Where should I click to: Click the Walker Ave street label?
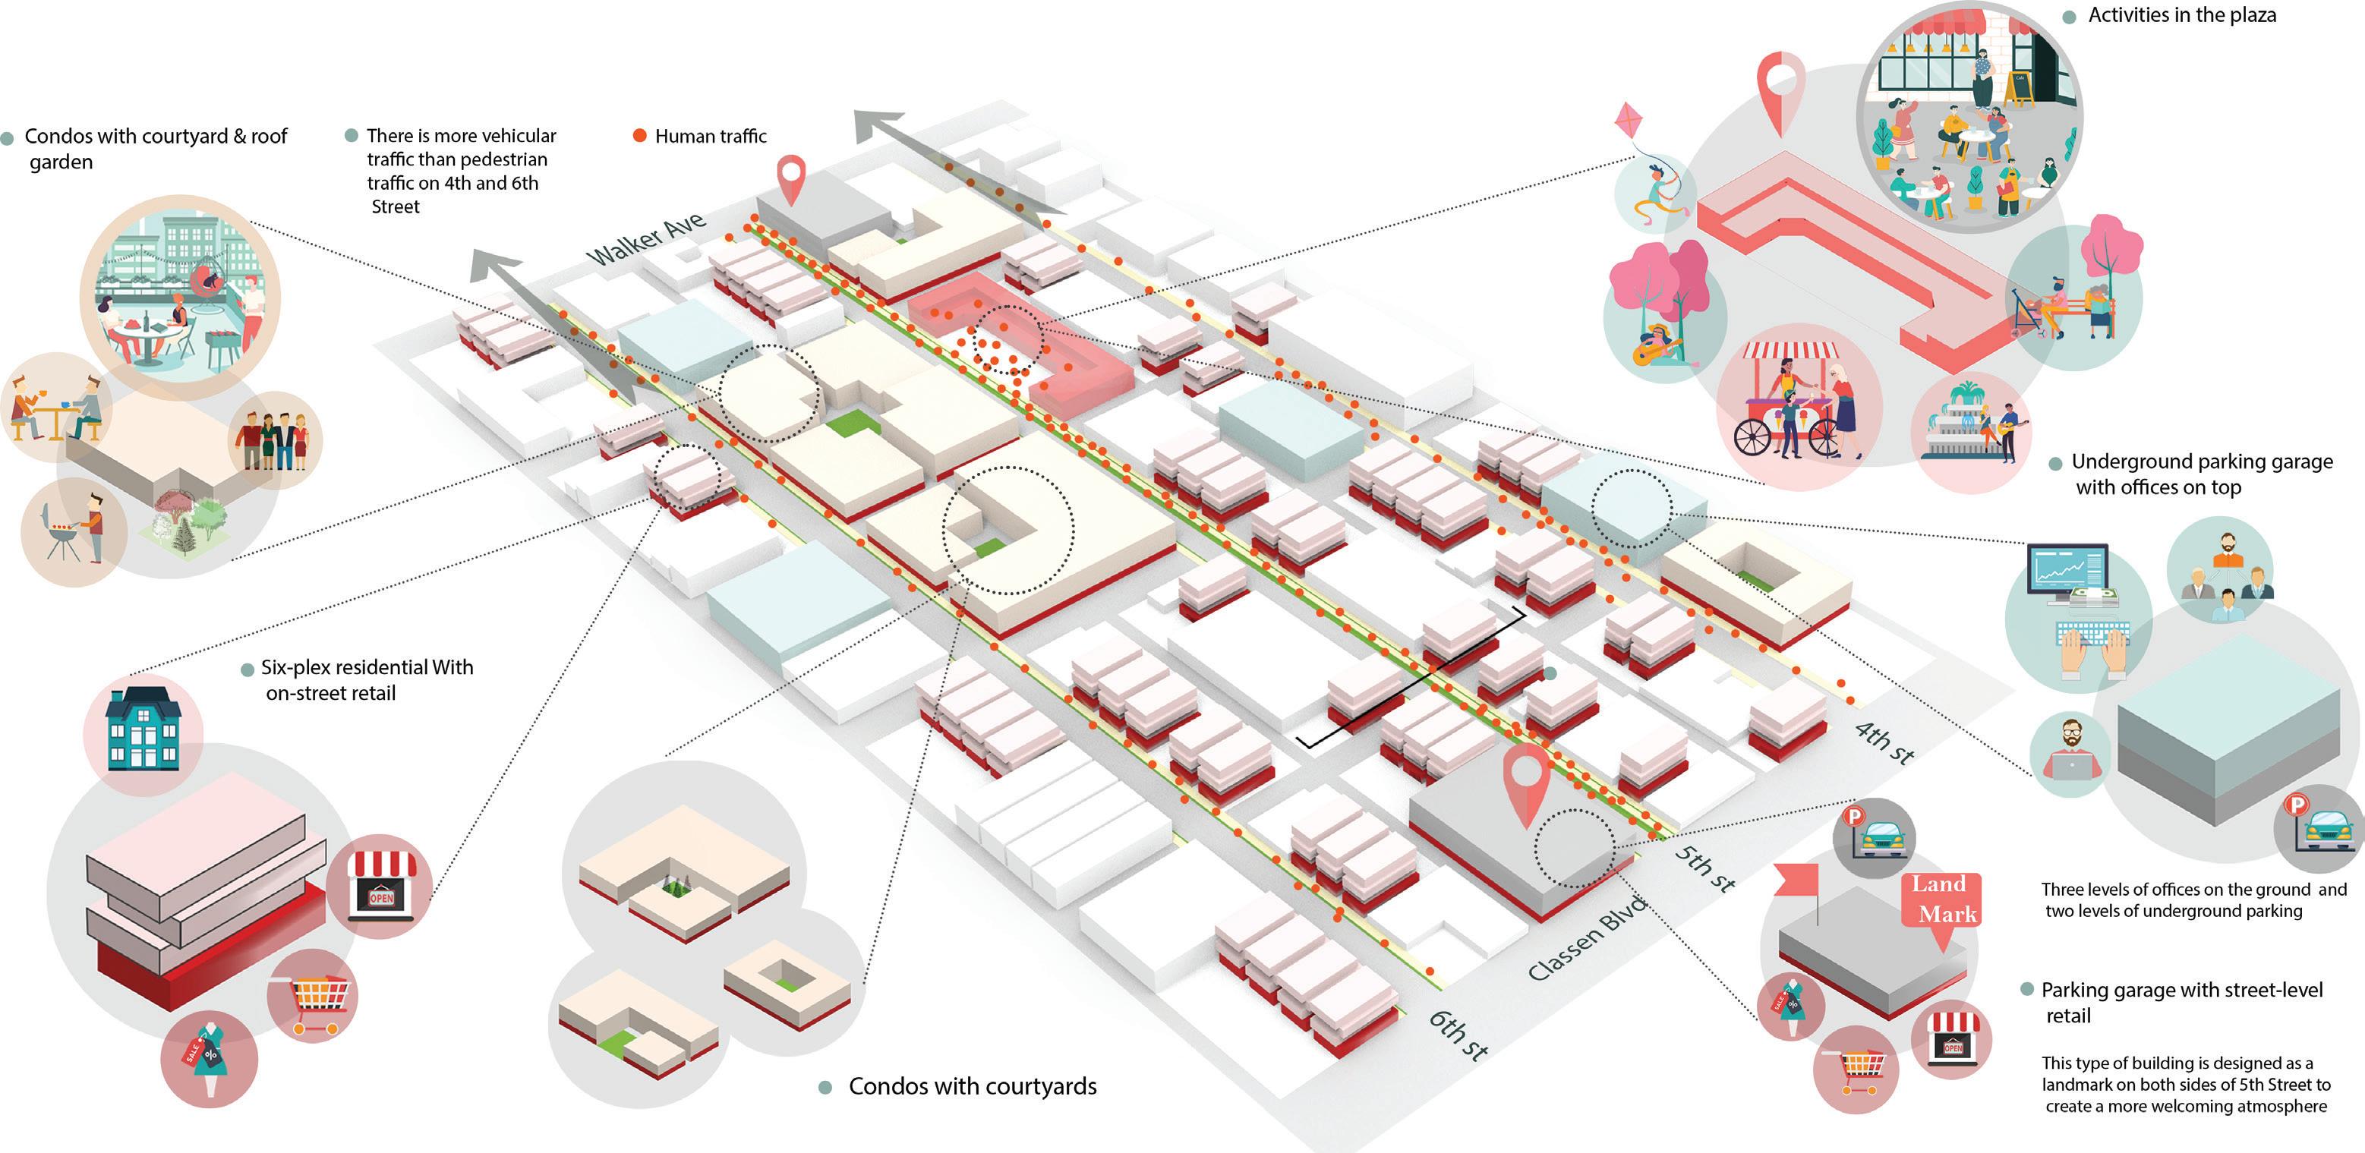pyautogui.click(x=648, y=238)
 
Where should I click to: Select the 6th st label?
pyautogui.click(x=1458, y=1035)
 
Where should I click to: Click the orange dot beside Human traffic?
pyautogui.click(x=640, y=136)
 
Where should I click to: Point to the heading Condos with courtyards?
pyautogui.click(x=971, y=1087)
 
